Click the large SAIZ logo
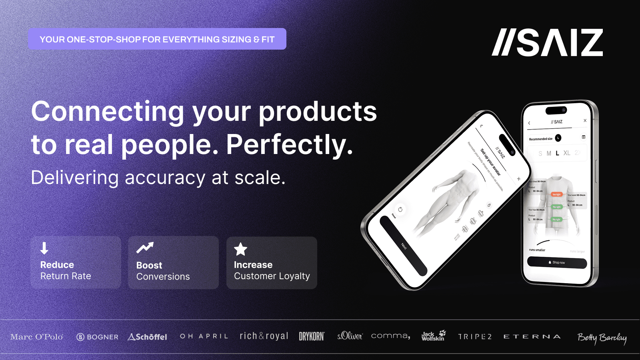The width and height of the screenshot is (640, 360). [547, 42]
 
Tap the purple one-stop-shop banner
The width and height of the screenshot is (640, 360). [157, 39]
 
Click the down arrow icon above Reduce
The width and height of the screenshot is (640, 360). [44, 248]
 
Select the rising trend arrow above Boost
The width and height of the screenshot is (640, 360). [145, 248]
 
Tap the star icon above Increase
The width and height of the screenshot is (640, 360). [240, 249]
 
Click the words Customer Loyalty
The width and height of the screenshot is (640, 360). [272, 276]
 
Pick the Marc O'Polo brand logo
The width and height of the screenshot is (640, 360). [37, 337]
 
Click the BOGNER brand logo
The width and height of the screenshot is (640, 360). [98, 337]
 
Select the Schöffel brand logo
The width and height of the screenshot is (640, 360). [148, 337]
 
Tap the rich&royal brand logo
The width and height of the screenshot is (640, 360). [264, 336]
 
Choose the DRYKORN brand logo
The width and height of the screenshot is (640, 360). [312, 336]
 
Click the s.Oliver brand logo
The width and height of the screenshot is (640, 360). [350, 336]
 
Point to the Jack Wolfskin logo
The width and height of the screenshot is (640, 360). [433, 336]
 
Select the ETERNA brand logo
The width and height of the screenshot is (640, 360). [532, 336]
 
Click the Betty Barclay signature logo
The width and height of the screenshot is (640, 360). [602, 338]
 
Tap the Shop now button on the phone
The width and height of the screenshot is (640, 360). [557, 262]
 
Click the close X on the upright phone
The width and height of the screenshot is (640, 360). [585, 120]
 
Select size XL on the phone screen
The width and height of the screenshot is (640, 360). [567, 153]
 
